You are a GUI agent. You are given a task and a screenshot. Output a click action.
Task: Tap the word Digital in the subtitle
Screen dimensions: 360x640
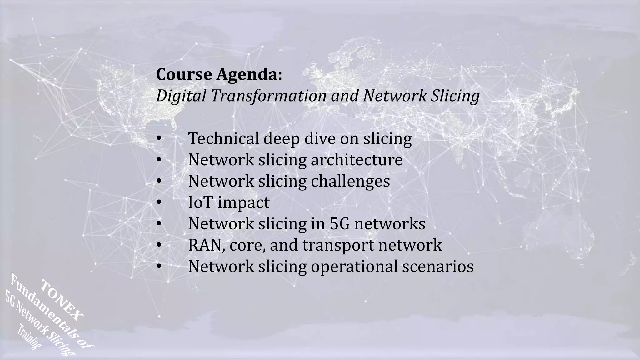click(181, 96)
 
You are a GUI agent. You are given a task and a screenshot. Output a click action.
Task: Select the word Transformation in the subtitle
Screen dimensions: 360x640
click(268, 96)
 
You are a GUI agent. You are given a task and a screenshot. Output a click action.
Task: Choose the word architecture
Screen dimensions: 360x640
click(357, 160)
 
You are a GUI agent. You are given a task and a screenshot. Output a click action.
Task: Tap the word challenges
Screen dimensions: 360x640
click(350, 181)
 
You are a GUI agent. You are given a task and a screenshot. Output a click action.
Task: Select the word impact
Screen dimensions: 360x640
click(243, 202)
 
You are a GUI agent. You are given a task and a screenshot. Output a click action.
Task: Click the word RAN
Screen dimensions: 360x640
click(206, 245)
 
